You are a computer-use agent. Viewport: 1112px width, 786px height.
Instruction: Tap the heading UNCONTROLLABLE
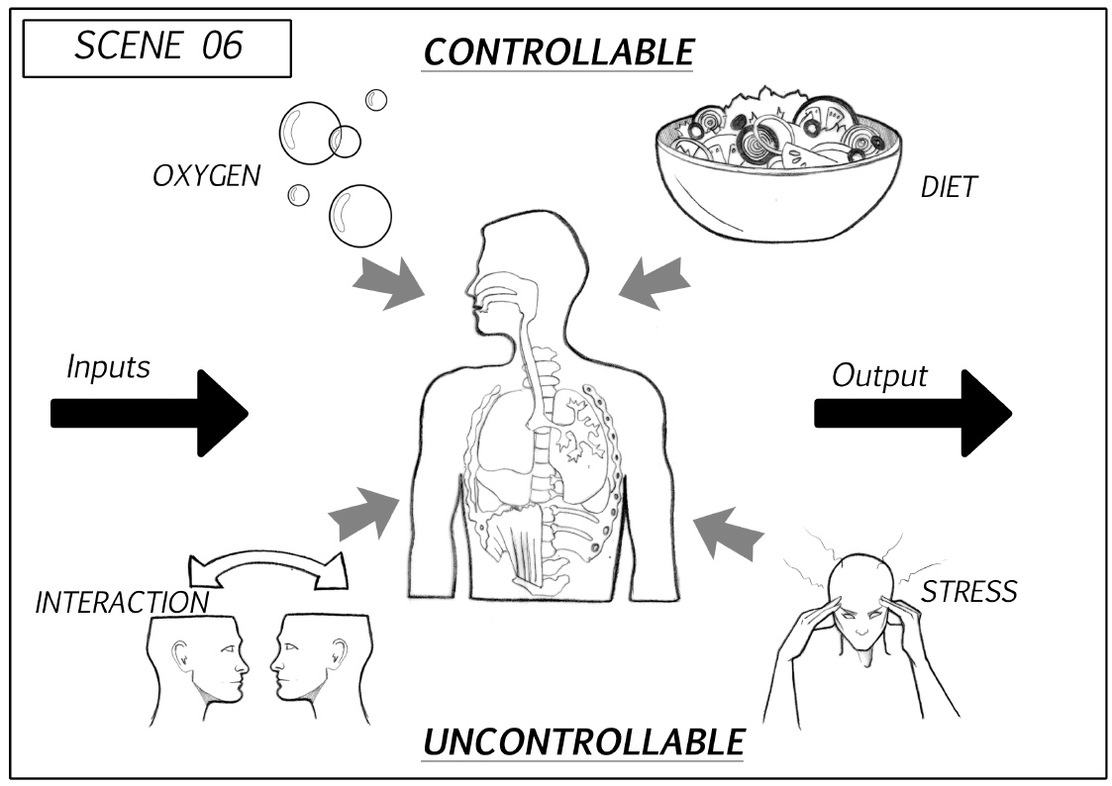tap(582, 740)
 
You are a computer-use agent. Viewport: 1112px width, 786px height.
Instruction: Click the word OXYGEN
tap(206, 176)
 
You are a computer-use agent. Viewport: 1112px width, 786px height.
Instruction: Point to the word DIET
tap(948, 187)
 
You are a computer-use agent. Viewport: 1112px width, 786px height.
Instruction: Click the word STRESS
tap(969, 592)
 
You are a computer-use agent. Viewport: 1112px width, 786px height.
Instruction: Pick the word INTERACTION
tap(122, 602)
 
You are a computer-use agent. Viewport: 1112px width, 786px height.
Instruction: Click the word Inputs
tap(108, 367)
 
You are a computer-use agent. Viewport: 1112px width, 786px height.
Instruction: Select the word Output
tap(879, 375)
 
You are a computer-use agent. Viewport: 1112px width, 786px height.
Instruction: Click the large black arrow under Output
tap(914, 413)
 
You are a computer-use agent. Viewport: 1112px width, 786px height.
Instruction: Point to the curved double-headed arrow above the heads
tap(268, 569)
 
